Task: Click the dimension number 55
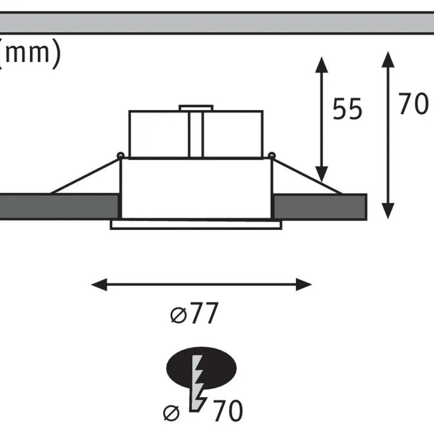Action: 347,109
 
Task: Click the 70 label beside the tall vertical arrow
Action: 413,104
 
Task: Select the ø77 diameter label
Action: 194,313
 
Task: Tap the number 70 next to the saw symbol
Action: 228,410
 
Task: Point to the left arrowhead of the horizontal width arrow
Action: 99,285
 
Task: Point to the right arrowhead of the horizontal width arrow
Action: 304,285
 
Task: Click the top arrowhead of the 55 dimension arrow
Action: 321,65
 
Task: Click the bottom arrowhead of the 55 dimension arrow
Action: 321,174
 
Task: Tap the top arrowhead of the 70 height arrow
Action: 388,59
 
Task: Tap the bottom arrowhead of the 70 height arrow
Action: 388,211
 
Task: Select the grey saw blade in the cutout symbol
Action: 198,383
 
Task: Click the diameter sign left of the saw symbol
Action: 171,413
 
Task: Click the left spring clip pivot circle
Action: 120,156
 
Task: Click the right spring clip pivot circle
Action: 272,156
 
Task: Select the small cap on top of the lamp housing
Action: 196,108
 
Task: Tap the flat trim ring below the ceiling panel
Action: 196,225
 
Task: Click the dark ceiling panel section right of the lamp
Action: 320,207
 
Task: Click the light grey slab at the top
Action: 217,23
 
